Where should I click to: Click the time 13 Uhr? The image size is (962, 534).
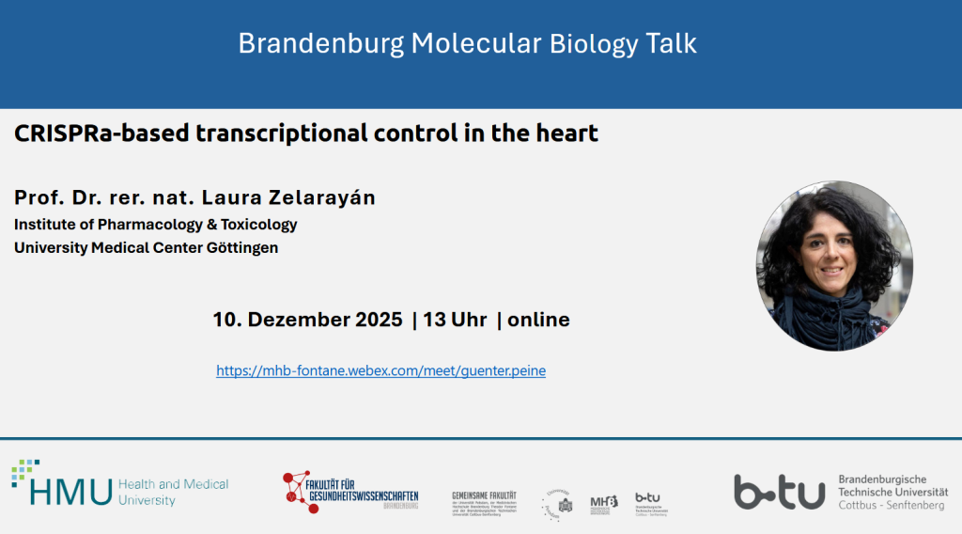click(455, 320)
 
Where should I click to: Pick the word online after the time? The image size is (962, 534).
click(538, 320)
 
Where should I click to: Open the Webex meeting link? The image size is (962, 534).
click(380, 370)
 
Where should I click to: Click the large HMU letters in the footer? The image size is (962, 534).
click(70, 491)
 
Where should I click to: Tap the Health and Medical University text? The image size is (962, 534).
click(173, 492)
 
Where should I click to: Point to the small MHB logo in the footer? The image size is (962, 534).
click(603, 504)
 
